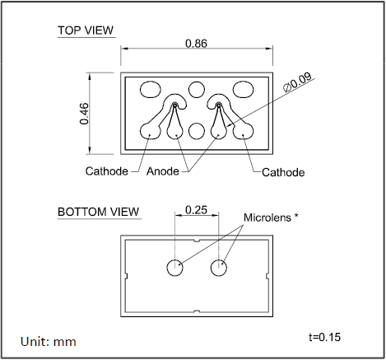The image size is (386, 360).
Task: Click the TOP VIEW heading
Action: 86,30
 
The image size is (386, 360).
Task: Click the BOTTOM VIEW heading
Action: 99,212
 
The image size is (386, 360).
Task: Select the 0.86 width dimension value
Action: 197,44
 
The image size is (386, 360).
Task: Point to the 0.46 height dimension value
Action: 84,114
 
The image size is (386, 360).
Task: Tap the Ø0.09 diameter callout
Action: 297,82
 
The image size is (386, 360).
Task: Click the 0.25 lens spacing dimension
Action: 197,210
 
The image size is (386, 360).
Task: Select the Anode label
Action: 163,171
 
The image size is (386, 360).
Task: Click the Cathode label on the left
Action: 107,171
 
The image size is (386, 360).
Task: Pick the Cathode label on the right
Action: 283,172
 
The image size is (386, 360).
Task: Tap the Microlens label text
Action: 267,217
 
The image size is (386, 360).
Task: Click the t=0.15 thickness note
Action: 324,337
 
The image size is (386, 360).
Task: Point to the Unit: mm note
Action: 49,342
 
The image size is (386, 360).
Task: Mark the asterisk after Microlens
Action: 296,216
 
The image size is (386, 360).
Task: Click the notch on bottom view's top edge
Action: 197,241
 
